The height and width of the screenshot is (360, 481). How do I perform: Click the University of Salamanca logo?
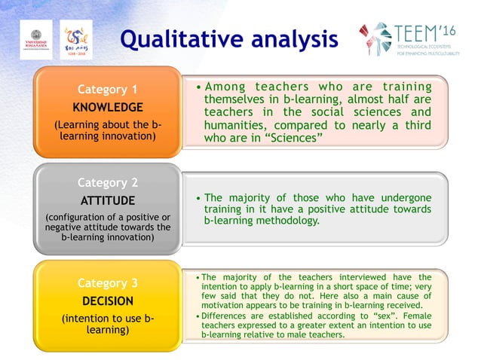(37, 39)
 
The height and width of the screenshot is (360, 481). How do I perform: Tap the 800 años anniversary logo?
(75, 40)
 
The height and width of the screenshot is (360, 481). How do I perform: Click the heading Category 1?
(108, 90)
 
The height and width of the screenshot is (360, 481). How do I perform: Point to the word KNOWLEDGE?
(108, 107)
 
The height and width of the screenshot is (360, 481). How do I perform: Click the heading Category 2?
(108, 183)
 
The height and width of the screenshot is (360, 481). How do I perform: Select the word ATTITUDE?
(108, 201)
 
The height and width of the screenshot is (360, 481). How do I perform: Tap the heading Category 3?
(108, 283)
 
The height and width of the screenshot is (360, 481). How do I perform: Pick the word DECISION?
(108, 301)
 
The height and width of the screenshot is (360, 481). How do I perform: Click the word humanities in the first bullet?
(237, 125)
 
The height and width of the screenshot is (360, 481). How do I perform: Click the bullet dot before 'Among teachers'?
(198, 87)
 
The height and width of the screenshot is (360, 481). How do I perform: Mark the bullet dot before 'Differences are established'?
(198, 316)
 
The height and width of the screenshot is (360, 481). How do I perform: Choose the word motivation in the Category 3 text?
(229, 306)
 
